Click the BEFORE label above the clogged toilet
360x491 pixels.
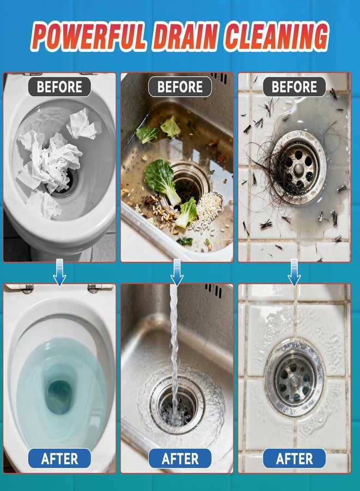[59, 87]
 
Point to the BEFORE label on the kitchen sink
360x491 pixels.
[180, 87]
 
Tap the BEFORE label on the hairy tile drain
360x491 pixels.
[294, 87]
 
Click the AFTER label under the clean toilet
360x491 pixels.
[59, 458]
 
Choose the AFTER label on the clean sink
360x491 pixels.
[180, 458]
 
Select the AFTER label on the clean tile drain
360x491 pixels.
[294, 458]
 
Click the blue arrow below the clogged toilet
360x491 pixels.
[59, 272]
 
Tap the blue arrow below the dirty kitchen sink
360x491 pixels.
[177, 272]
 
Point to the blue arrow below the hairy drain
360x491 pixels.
[294, 272]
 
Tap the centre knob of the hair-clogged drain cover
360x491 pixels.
[298, 170]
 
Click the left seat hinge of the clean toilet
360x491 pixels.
[28, 288]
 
